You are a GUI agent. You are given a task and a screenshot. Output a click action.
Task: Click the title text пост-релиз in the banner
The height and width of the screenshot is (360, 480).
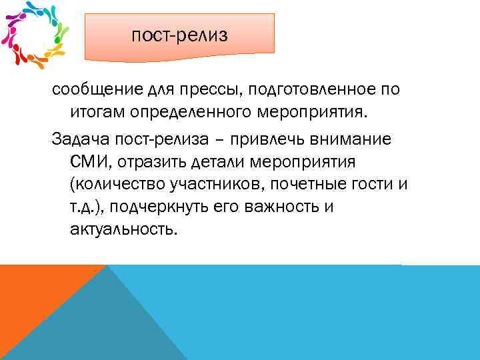click(x=179, y=35)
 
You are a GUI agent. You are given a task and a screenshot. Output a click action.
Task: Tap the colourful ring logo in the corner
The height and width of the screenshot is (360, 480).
click(x=36, y=35)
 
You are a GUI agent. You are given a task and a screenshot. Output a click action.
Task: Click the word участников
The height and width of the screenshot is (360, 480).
click(x=199, y=185)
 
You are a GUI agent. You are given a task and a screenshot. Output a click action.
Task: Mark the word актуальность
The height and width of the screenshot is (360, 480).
click(x=123, y=229)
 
